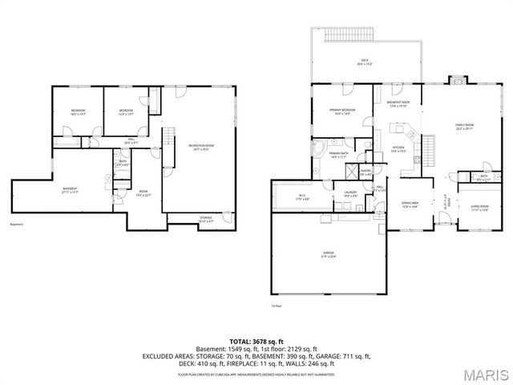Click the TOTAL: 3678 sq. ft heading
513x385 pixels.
(x=256, y=340)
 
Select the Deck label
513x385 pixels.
(x=365, y=62)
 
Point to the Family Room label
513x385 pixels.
(x=464, y=126)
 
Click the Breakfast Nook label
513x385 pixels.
(x=398, y=104)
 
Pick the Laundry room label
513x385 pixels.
(x=350, y=194)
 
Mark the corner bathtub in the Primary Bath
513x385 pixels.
(x=319, y=148)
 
